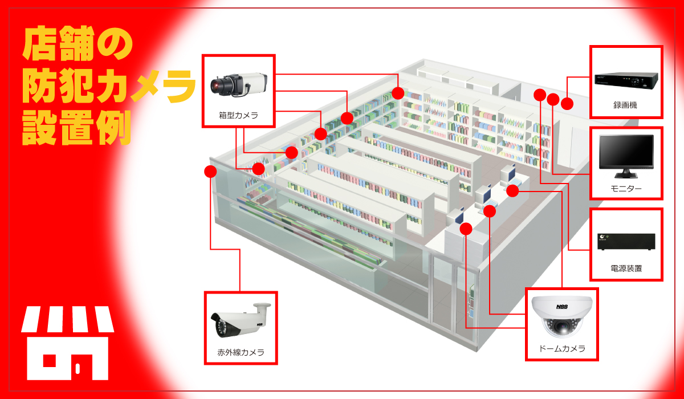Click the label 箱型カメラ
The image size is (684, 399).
(238, 115)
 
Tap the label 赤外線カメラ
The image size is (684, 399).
(241, 352)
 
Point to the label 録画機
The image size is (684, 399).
(626, 105)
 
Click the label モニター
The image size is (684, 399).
(626, 188)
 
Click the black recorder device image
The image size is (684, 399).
(626, 79)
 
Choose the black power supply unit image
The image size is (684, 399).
(626, 242)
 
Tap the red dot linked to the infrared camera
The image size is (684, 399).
(210, 170)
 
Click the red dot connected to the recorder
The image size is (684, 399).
(567, 104)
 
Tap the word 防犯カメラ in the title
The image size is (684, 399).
(108, 88)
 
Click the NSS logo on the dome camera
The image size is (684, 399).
(561, 307)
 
